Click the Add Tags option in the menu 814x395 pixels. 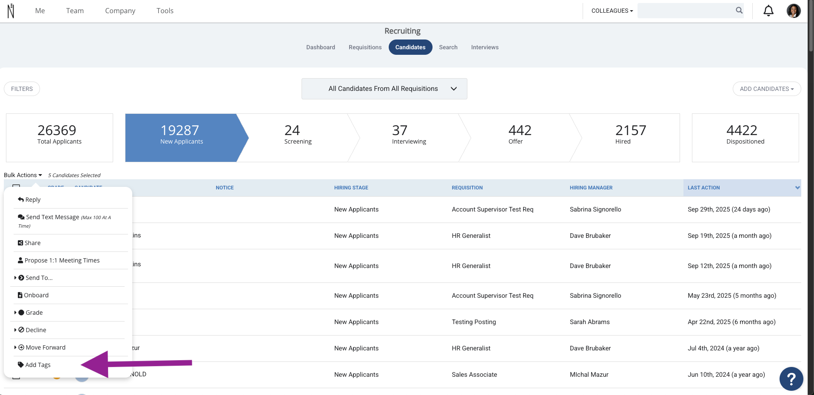click(34, 365)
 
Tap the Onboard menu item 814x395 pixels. click(33, 295)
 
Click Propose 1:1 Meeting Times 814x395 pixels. click(59, 260)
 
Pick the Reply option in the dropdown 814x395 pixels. click(29, 200)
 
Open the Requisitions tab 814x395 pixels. click(365, 47)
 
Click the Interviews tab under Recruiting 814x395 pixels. click(485, 47)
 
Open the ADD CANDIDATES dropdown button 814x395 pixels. click(767, 89)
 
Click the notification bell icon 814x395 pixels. click(768, 11)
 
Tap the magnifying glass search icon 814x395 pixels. click(739, 11)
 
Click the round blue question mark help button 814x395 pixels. click(791, 378)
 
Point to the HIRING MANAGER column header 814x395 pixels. click(591, 188)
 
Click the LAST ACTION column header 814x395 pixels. click(704, 188)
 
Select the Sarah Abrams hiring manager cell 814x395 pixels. click(590, 322)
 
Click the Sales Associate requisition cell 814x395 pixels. click(475, 375)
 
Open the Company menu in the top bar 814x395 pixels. click(120, 11)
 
